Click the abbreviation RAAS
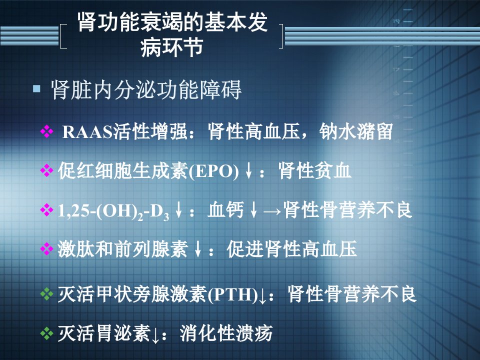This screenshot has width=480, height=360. [87, 132]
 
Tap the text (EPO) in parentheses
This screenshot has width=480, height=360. [213, 171]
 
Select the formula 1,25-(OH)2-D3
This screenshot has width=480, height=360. [113, 211]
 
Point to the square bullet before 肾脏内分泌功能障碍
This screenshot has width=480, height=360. [36, 89]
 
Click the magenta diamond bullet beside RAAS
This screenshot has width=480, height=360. [46, 131]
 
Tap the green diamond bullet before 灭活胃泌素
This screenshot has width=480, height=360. [46, 333]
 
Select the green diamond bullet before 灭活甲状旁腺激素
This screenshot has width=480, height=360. [46, 294]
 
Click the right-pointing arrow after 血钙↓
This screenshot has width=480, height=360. [272, 211]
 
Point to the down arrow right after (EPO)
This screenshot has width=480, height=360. [248, 171]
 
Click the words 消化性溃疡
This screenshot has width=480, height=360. [226, 333]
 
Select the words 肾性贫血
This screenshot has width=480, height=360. [314, 170]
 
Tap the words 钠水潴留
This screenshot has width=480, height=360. [356, 131]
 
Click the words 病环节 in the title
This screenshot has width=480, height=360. [171, 47]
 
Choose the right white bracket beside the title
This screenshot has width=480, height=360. [281, 36]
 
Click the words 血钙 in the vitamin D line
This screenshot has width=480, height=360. [225, 210]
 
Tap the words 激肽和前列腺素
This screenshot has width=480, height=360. [122, 249]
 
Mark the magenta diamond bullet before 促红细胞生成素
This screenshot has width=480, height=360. [46, 170]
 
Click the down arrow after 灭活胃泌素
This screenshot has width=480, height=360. [155, 335]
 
